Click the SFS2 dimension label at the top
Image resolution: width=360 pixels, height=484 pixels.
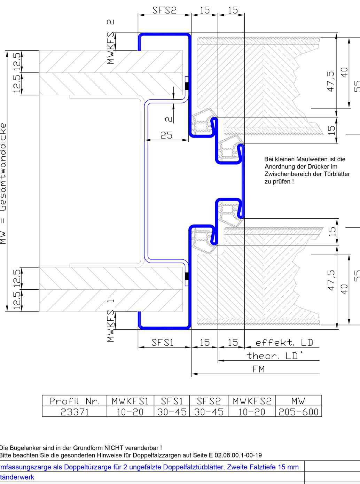point(164,10)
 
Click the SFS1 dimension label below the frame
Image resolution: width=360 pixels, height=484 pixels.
point(162,343)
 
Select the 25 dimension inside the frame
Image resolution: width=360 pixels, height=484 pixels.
point(166,135)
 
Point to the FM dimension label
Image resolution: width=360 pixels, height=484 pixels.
point(258,369)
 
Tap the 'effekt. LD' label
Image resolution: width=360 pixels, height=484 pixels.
point(284,343)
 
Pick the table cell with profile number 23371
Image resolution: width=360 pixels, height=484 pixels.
point(75,412)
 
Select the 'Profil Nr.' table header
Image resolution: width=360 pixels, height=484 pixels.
point(75,401)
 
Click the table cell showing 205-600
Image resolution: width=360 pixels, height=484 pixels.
point(298,412)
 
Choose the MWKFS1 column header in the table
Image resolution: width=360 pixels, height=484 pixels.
point(130,401)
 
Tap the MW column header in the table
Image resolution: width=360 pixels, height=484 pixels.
point(298,401)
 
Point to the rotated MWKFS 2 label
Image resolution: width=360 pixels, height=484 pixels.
point(111,42)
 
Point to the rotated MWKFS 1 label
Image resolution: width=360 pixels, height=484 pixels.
point(111,321)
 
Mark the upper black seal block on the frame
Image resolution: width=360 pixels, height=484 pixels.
point(187,86)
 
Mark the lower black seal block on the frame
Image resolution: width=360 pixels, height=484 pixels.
point(187,276)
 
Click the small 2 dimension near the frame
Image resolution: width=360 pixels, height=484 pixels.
point(169,119)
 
